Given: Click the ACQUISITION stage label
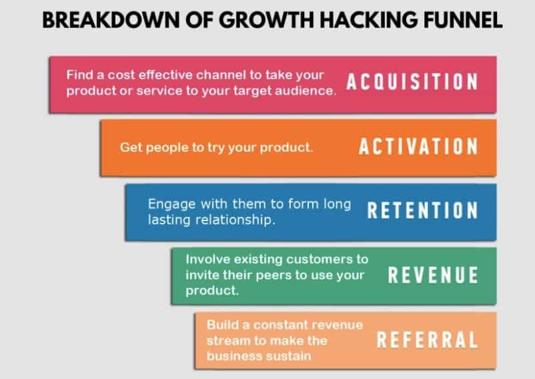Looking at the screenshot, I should tap(412, 82).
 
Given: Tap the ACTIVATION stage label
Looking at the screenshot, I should tap(418, 147).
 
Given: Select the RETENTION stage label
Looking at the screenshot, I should tap(423, 210).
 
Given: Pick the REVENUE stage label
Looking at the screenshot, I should tap(433, 275).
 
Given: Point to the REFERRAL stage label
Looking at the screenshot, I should tap(428, 340).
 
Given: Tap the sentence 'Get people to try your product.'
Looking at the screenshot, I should tap(216, 147).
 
